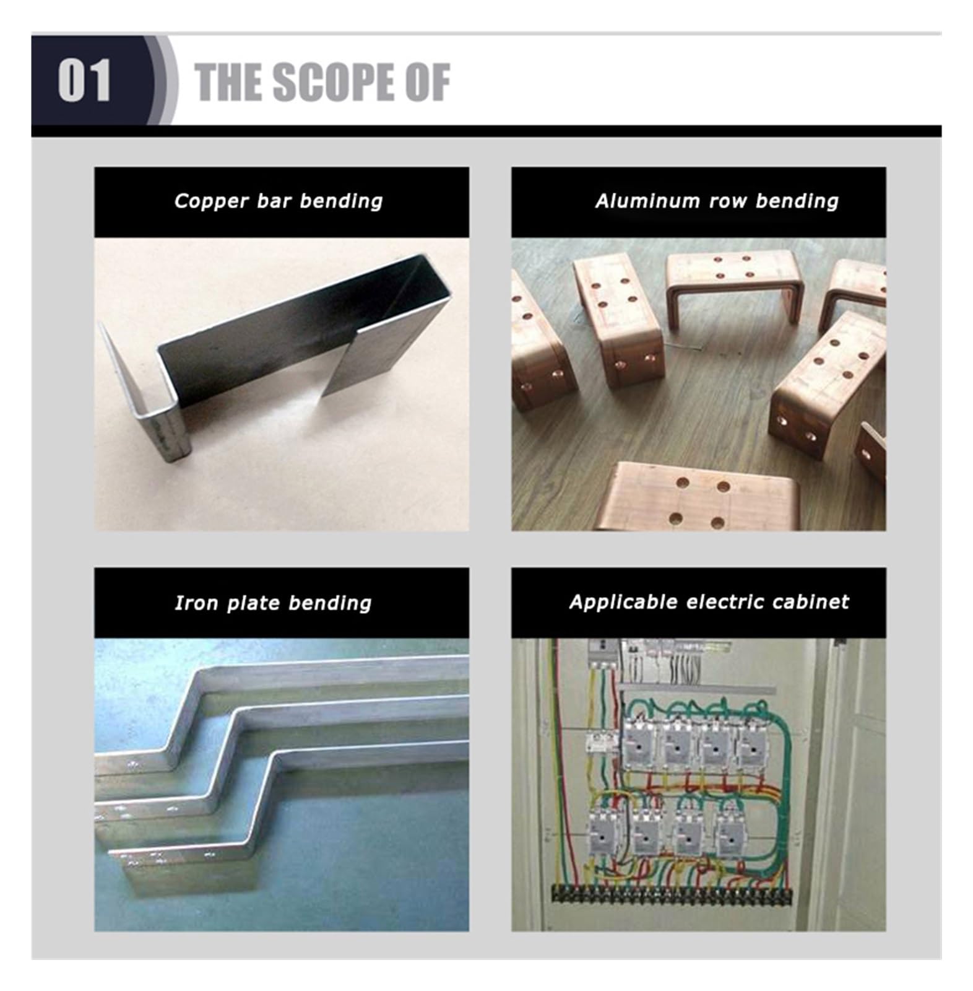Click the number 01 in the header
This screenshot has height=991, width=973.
pos(84,81)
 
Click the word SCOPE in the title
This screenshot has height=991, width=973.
pos(331,82)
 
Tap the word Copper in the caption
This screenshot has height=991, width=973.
pos(211,201)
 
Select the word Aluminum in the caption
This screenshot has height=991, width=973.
pos(647,201)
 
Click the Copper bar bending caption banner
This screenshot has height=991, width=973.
pos(282,202)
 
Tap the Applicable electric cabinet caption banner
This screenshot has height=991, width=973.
pos(698,603)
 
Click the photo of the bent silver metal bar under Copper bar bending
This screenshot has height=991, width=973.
pos(282,384)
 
